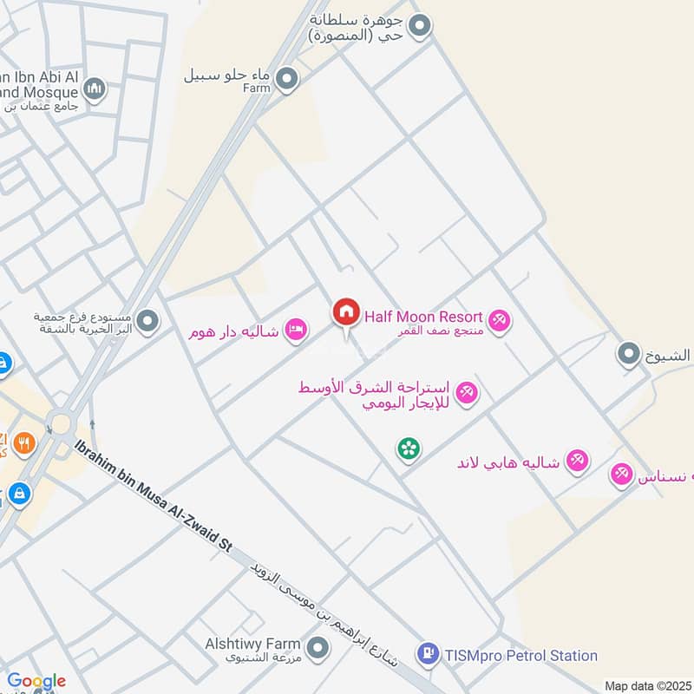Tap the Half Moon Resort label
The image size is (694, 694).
click(x=422, y=318)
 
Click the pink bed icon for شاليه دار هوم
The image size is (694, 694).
click(x=297, y=330)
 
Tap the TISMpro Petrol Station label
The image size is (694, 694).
click(x=520, y=656)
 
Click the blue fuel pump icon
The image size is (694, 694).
click(x=428, y=655)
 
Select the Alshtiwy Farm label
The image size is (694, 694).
click(x=253, y=645)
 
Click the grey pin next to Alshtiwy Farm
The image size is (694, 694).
click(x=318, y=648)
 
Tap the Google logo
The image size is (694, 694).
click(x=36, y=681)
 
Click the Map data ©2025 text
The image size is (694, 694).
click(x=646, y=686)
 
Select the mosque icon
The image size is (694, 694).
click(x=95, y=88)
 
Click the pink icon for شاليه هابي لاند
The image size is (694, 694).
click(x=577, y=461)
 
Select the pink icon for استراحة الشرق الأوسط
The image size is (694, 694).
click(x=468, y=393)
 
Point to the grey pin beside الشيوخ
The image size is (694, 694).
click(x=628, y=353)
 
